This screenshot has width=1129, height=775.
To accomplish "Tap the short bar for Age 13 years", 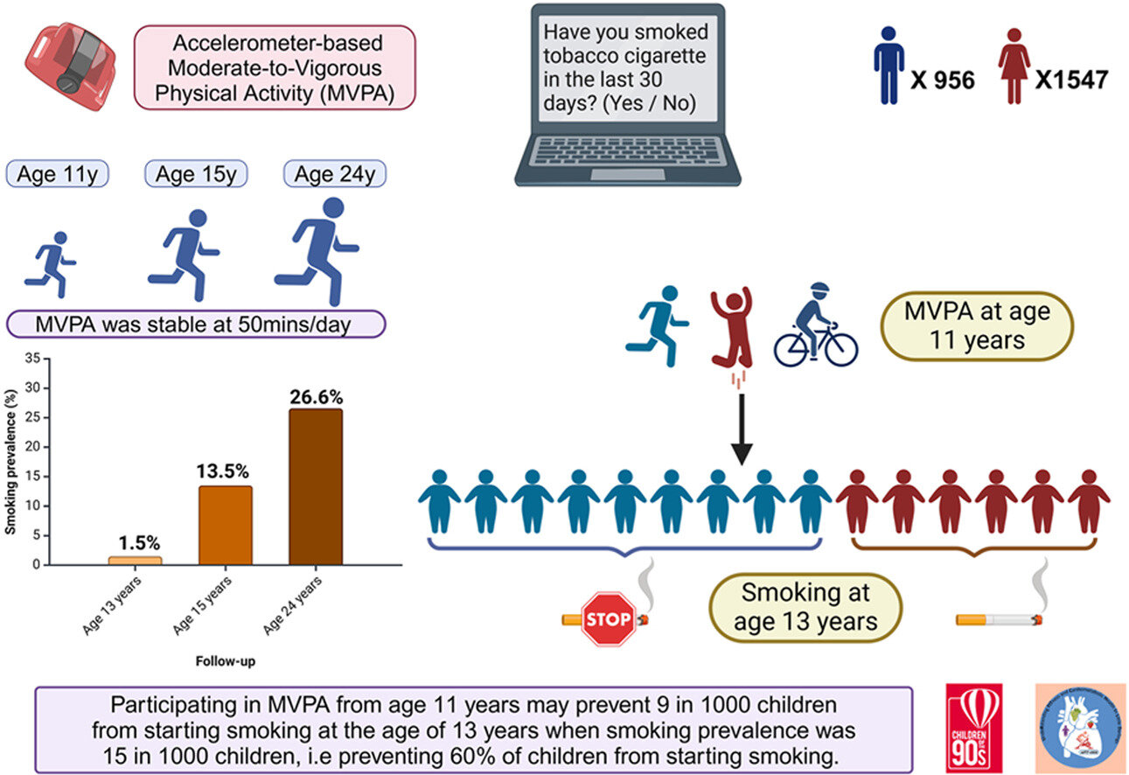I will pyautogui.click(x=136, y=561).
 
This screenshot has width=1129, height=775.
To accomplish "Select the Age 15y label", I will pyautogui.click(x=196, y=174).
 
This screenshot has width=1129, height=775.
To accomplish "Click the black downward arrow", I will pyautogui.click(x=742, y=429).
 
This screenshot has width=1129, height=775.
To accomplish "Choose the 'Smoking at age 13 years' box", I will pyautogui.click(x=805, y=607).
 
